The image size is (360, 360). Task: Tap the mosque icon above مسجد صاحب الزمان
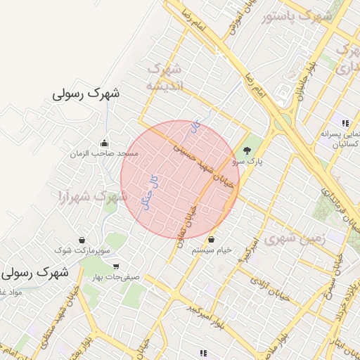click(x=104, y=143)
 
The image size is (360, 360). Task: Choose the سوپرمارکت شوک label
click(x=83, y=250)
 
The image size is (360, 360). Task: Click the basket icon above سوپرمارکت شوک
click(x=82, y=240)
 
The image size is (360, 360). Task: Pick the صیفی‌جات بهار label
click(x=116, y=277)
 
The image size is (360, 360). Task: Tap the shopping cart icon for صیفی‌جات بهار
click(x=115, y=266)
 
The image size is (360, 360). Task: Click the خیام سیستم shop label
click(x=212, y=250)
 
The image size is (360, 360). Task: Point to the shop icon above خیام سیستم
click(x=212, y=240)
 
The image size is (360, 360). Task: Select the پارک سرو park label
click(x=247, y=161)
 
